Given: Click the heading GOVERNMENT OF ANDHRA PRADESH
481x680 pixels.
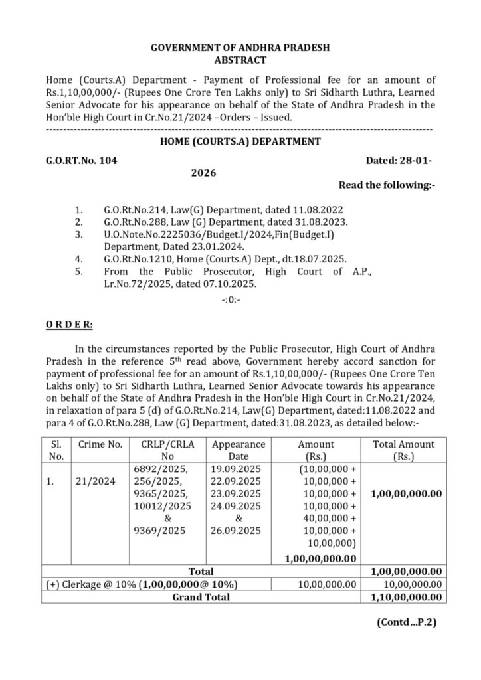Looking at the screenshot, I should pyautogui.click(x=241, y=48).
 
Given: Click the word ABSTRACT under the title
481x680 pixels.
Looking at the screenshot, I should pyautogui.click(x=241, y=60).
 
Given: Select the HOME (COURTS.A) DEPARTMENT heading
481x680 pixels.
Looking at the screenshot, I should pyautogui.click(x=241, y=141).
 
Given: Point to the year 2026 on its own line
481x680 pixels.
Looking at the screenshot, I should pyautogui.click(x=203, y=173).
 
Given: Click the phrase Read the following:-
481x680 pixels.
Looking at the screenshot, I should pyautogui.click(x=387, y=185).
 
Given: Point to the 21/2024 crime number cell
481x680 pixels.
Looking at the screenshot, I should pyautogui.click(x=95, y=482).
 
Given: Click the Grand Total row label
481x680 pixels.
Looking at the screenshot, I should pyautogui.click(x=201, y=597).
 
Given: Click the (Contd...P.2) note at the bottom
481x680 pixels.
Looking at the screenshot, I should pyautogui.click(x=406, y=623).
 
